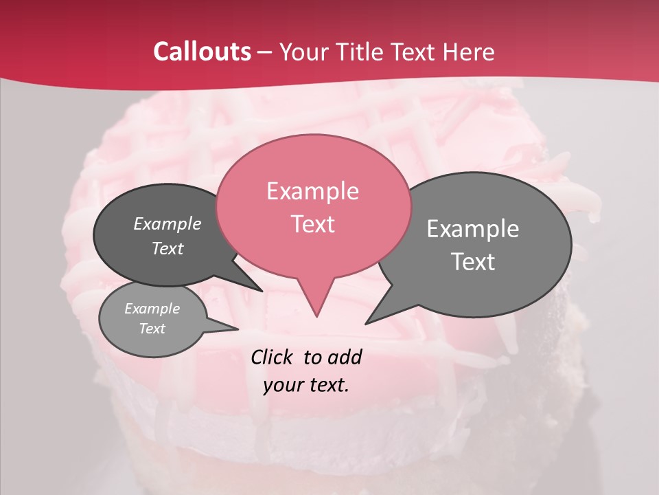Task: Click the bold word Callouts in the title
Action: (203, 52)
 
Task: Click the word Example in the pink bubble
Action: (312, 191)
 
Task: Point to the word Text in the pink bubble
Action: (312, 224)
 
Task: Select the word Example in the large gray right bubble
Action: (473, 229)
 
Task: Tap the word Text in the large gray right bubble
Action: (473, 262)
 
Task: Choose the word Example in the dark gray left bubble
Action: (167, 223)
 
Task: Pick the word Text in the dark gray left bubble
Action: (167, 248)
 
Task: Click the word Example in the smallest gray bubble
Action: (152, 309)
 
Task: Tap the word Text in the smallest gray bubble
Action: (152, 329)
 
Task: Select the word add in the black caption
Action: (345, 357)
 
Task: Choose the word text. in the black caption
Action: (327, 385)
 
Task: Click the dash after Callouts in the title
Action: (265, 52)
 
